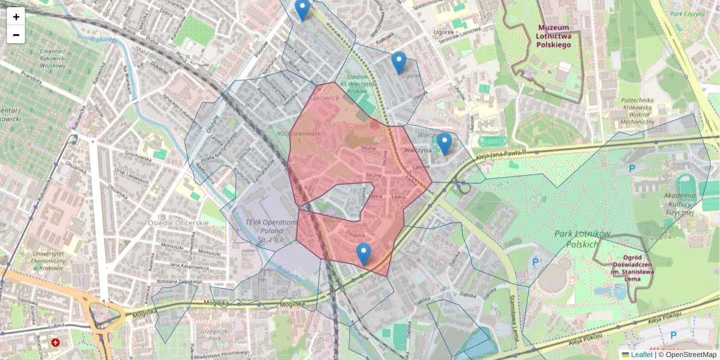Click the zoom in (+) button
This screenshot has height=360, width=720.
point(16,17)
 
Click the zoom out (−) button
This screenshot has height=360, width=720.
point(16,35)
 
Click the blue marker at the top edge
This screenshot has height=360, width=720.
point(302,10)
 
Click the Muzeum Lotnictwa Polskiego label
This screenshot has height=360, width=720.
point(554,36)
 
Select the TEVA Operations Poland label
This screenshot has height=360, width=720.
point(271,230)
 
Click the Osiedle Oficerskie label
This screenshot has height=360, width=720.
point(178,223)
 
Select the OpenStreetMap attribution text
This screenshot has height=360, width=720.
point(688,355)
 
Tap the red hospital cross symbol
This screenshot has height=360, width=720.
point(56,343)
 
